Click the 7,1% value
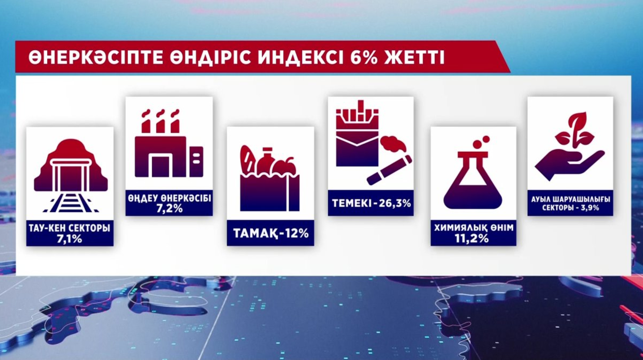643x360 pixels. tap(70, 239)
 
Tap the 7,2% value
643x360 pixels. tap(169, 209)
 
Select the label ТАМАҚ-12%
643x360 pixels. tap(271, 233)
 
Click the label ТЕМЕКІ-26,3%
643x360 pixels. tap(371, 203)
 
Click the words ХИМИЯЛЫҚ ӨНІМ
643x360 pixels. tap(474, 227)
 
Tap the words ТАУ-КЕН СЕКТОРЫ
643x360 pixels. tap(70, 228)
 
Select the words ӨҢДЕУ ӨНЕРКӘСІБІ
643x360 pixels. tap(169, 198)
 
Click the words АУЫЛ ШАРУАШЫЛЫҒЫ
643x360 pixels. tap(570, 199)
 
